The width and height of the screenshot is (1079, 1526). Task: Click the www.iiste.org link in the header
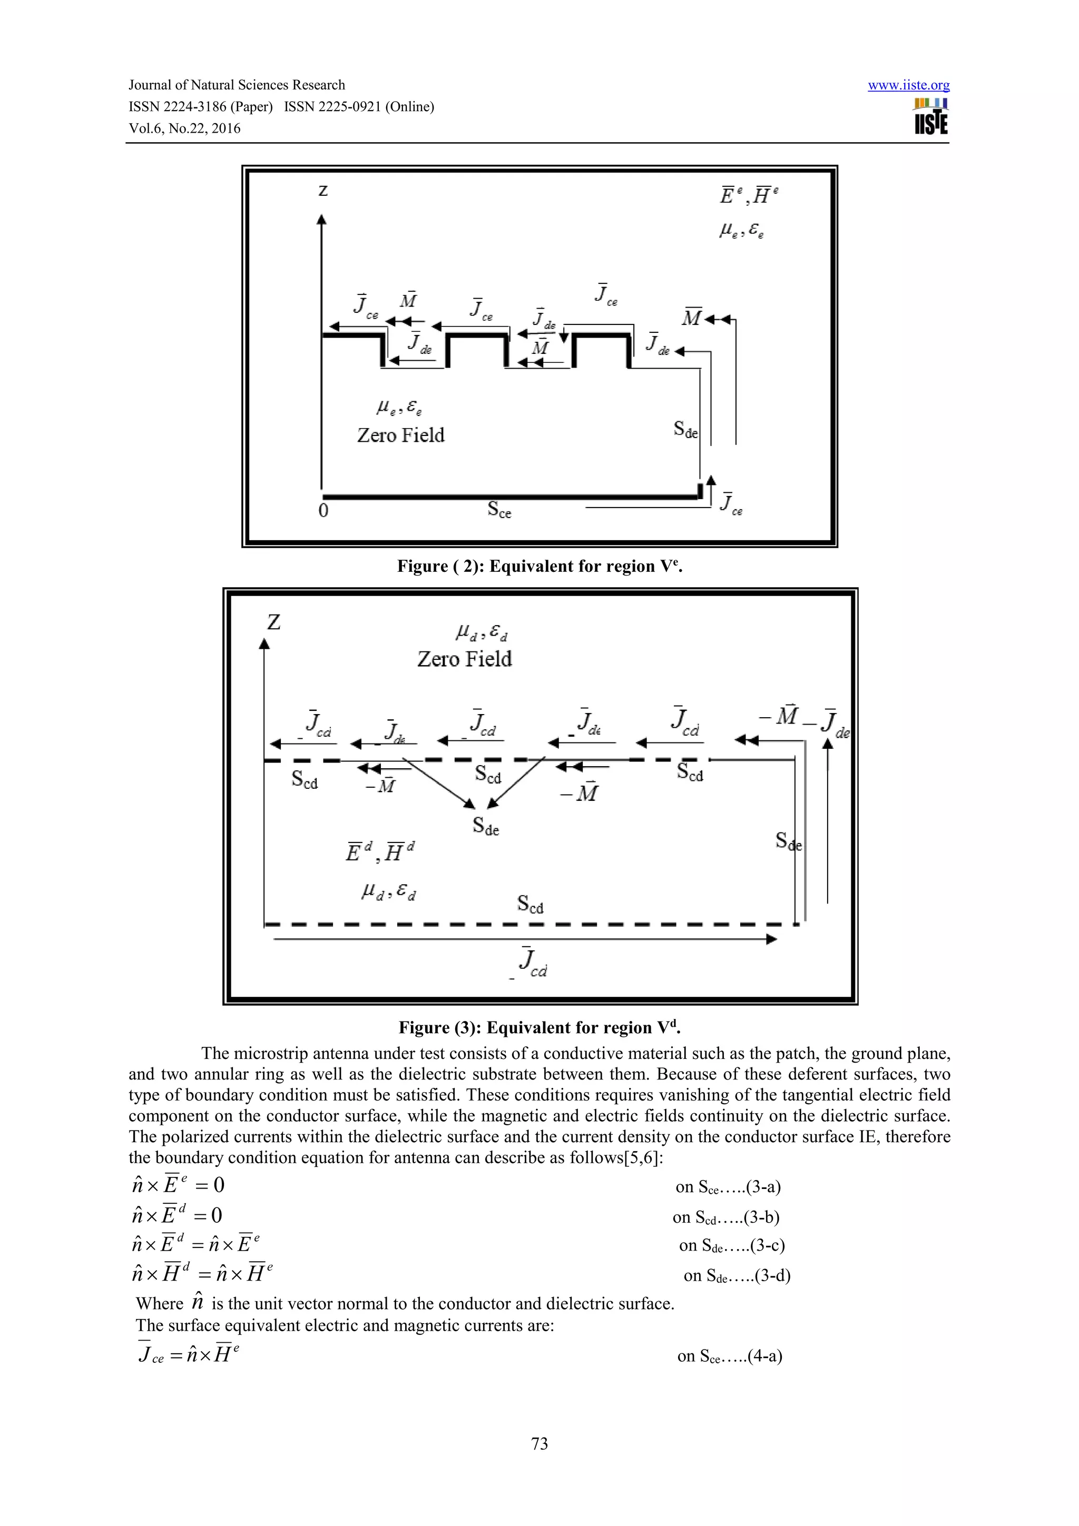pyautogui.click(x=908, y=85)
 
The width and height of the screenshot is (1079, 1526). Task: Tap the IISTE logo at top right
pyautogui.click(x=931, y=117)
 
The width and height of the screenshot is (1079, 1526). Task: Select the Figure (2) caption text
pyautogui.click(x=540, y=566)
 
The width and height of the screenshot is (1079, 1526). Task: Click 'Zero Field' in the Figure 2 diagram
pyautogui.click(x=400, y=435)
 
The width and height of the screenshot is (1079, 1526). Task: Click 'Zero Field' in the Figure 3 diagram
pyautogui.click(x=465, y=659)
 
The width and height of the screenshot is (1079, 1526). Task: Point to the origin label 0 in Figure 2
pyautogui.click(x=323, y=510)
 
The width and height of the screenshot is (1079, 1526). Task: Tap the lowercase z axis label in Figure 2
pyautogui.click(x=323, y=191)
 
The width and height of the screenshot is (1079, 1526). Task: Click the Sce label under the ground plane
pyautogui.click(x=499, y=509)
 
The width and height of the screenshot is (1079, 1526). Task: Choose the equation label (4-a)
pyautogui.click(x=764, y=1356)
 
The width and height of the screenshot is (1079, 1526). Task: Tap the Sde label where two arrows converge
pyautogui.click(x=486, y=826)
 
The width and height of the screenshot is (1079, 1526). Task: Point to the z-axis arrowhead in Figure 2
pyautogui.click(x=322, y=220)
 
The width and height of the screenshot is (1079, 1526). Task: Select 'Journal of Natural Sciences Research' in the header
pyautogui.click(x=237, y=85)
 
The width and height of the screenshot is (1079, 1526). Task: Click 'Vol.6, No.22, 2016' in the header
pyautogui.click(x=185, y=128)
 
